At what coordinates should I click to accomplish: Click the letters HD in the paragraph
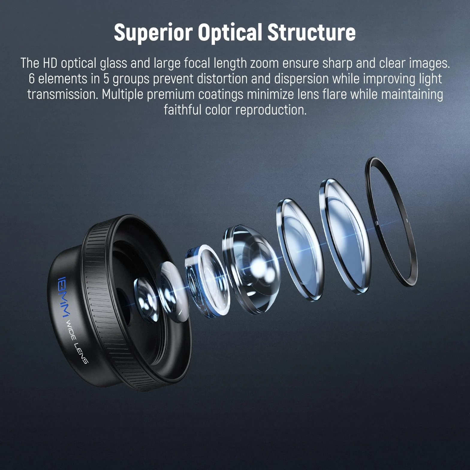click(x=49, y=63)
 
